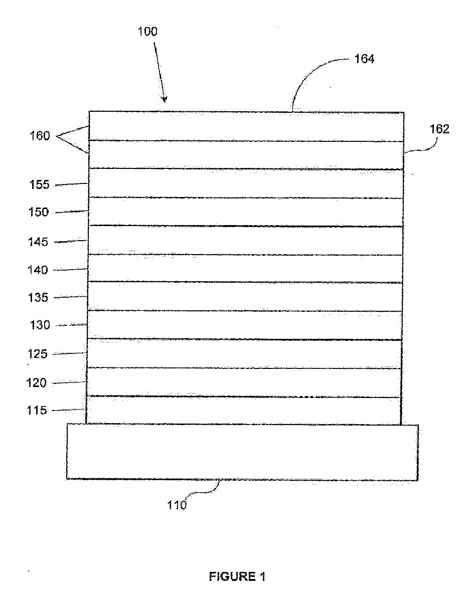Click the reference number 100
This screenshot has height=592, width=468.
147,32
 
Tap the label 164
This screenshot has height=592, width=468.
364,59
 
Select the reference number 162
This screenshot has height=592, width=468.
439,129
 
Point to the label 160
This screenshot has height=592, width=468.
40,135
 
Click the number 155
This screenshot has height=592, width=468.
39,184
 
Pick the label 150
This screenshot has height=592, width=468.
39,212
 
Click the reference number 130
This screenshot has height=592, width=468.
40,325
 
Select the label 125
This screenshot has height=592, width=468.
37,354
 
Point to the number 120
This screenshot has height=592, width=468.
36,383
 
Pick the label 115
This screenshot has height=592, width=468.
37,411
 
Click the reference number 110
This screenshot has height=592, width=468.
177,505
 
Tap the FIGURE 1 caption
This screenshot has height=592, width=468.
237,576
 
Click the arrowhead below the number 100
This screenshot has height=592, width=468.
164,99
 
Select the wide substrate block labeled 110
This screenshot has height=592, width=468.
242,452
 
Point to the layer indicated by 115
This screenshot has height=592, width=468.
244,411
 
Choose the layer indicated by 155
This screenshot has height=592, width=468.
246,183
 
